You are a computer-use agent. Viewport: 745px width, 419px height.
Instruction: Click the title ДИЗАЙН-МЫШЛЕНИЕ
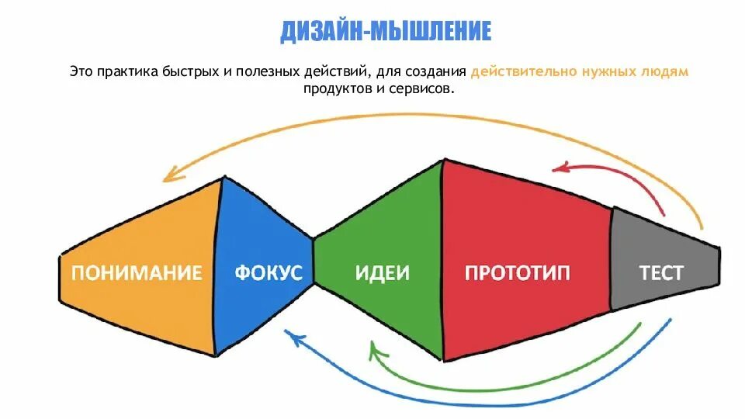[x=386, y=31]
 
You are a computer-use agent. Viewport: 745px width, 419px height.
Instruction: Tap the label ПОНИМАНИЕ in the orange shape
[x=137, y=272]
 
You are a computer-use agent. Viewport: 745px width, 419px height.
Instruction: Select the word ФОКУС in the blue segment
[x=269, y=272]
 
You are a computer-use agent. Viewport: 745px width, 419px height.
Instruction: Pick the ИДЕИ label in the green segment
[x=382, y=272]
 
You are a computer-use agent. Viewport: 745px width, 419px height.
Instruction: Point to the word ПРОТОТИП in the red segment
[x=517, y=272]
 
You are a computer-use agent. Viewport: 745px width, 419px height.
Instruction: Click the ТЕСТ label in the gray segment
[x=661, y=272]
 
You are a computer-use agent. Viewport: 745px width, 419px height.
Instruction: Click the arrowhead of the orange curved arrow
[x=169, y=176]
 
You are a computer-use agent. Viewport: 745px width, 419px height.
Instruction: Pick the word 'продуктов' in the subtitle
[x=333, y=89]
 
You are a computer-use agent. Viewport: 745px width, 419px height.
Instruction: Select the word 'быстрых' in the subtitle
[x=187, y=71]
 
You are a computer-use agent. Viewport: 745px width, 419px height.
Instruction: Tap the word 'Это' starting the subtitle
[x=80, y=71]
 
